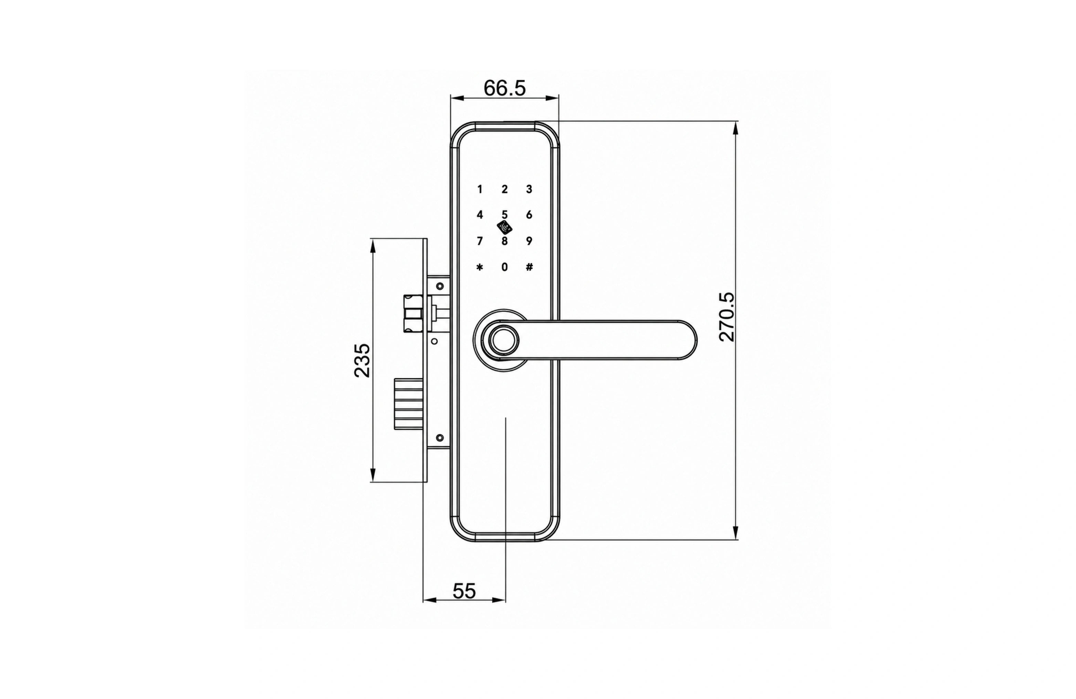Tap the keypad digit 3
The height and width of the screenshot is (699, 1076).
tap(529, 189)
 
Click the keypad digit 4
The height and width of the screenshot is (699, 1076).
tap(480, 215)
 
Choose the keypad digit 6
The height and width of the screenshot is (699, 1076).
tap(529, 215)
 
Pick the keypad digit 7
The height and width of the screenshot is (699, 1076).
tap(480, 241)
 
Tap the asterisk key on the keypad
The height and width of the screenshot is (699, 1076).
tap(480, 267)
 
